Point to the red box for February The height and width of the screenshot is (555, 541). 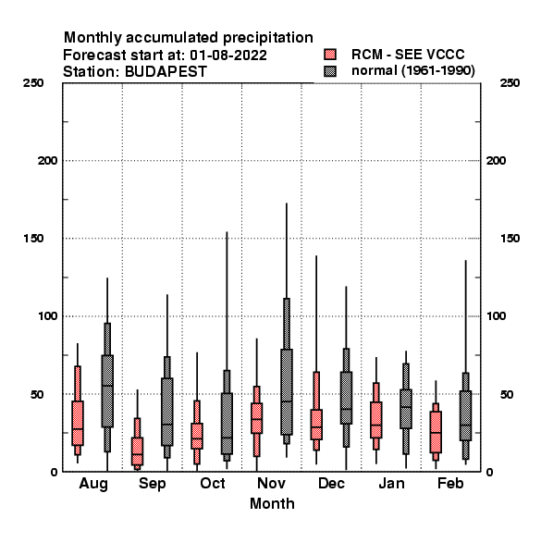pos(436,432)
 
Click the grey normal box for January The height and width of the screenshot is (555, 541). pos(406,409)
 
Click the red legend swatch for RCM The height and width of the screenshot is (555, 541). pos(330,55)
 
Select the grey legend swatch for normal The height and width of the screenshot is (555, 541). pos(330,71)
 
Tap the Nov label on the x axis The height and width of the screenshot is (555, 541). pos(271,483)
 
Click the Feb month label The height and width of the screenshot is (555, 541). pos(450,483)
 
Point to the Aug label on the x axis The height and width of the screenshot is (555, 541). pos(93,484)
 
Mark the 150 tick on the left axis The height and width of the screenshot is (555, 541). pos(33,239)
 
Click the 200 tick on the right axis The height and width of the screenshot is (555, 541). pos(496,161)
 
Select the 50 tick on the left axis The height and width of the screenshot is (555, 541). pos(37,394)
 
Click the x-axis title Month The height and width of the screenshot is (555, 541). pos(272,504)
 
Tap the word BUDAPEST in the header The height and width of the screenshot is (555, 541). pos(166,71)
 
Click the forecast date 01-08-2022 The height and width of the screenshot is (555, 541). pos(228,55)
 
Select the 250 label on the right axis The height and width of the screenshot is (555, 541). pos(510,83)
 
